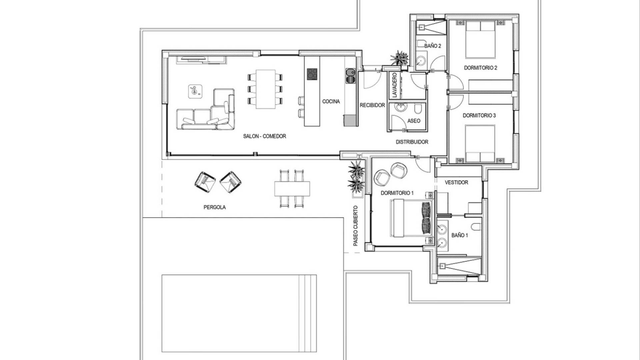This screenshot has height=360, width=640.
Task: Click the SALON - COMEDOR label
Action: (x=264, y=136)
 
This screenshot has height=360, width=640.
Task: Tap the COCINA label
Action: (x=331, y=101)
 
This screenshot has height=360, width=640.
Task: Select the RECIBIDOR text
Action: (x=372, y=105)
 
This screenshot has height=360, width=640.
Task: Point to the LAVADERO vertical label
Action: (x=395, y=85)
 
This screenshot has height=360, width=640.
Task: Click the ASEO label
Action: (x=414, y=121)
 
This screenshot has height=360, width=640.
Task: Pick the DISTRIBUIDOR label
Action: (x=412, y=142)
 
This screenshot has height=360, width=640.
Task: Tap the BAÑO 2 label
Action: (x=433, y=46)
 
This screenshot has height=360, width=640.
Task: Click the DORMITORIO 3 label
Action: (x=479, y=116)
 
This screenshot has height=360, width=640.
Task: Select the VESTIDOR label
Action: (x=456, y=183)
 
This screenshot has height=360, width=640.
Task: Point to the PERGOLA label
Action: (x=215, y=207)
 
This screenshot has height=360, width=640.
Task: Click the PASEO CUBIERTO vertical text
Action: (x=356, y=226)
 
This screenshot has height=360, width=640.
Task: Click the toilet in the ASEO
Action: (x=418, y=109)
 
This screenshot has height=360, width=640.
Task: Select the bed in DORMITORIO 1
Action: (x=412, y=218)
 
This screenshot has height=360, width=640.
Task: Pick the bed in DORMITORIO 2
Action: (x=480, y=39)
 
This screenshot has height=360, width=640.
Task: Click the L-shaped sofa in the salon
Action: (x=206, y=110)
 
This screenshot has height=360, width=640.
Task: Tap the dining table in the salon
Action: (x=266, y=89)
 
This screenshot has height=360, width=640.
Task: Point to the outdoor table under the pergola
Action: (x=292, y=189)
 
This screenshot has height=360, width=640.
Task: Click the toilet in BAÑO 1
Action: (x=476, y=227)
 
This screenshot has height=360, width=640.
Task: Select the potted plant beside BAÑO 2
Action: (x=399, y=58)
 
